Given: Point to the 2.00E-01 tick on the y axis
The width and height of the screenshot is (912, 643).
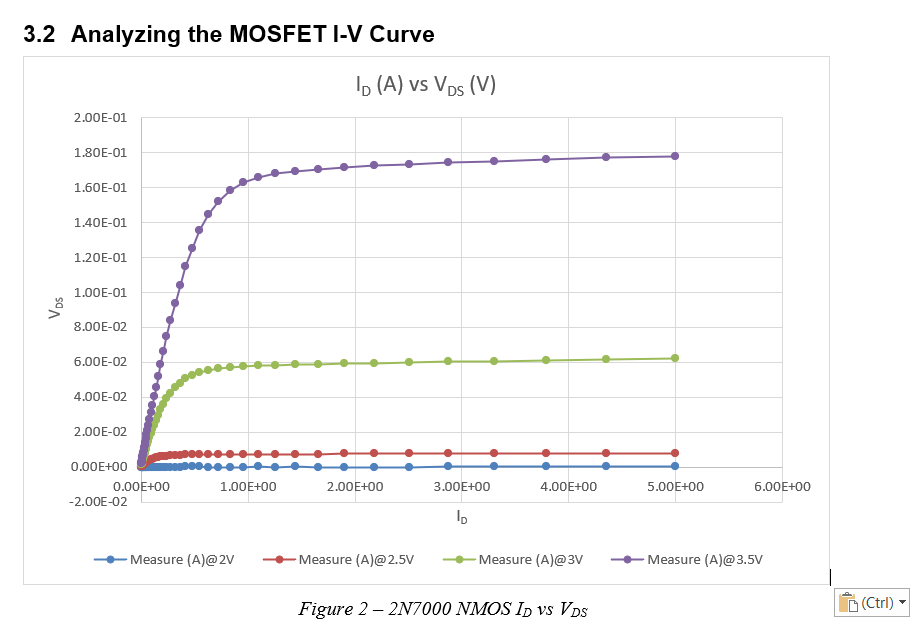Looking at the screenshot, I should point(100,118).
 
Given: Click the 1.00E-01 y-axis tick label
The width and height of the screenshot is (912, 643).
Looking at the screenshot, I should point(100,292).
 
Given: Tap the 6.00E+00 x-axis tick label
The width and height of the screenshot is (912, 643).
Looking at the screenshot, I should point(782,486).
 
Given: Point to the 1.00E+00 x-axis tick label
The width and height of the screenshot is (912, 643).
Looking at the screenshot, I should point(247,486).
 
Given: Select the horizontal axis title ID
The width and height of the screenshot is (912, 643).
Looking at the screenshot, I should point(461,517).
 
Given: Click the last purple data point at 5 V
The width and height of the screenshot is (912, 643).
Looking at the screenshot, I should point(675,156).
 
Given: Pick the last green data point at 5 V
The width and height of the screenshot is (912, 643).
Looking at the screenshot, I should point(675,358).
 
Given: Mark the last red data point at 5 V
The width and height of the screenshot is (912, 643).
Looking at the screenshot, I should point(675,453).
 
